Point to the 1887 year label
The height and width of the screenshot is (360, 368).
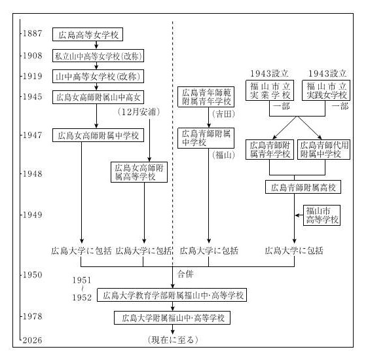pyautogui.click(x=32, y=33)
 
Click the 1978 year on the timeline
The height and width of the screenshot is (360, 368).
pyautogui.click(x=32, y=316)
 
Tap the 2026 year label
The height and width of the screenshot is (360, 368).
pyautogui.click(x=32, y=340)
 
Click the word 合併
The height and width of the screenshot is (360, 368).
pyautogui.click(x=185, y=274)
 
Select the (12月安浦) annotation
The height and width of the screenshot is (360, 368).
pyautogui.click(x=139, y=112)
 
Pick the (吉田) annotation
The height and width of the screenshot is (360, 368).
pyautogui.click(x=223, y=114)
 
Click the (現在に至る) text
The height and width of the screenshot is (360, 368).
pyautogui.click(x=173, y=340)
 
